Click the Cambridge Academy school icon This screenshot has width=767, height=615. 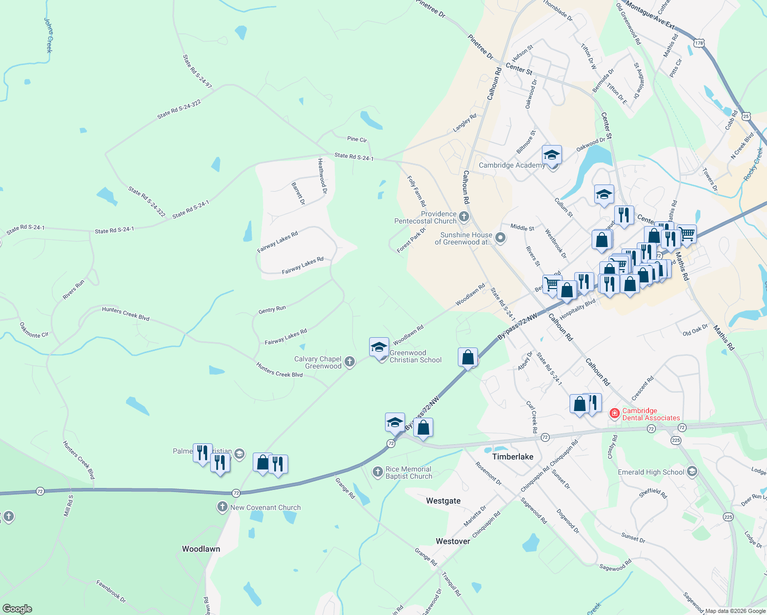point(552,154)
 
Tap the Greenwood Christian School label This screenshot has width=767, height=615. point(415,356)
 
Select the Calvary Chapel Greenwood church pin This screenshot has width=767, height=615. point(350,362)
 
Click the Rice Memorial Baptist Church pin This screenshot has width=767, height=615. point(378,472)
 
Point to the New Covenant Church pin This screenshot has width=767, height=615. point(222,507)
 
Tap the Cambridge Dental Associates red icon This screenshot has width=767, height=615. point(614,413)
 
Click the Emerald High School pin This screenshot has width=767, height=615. point(692,472)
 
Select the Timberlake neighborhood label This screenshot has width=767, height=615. point(513,457)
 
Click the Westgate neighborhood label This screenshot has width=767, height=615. point(443,501)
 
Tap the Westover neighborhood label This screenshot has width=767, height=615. point(453,541)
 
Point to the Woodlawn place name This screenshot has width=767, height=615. point(201,549)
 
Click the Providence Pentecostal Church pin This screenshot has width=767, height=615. point(464,217)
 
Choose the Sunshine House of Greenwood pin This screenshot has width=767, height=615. point(501,238)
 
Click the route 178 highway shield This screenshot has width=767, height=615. point(699,43)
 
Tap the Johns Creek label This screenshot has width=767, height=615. point(49,35)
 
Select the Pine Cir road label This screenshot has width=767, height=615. point(357,139)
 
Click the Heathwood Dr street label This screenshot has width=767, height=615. point(322,176)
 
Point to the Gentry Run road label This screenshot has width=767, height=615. point(272,310)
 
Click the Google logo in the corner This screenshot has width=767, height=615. point(17,609)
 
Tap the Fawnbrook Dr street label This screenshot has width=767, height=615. point(111,591)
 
